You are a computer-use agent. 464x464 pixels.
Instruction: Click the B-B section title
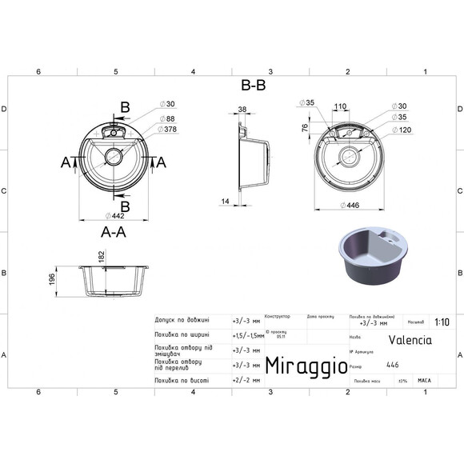[x=253, y=86]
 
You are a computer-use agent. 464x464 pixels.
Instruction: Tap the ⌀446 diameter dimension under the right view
[x=349, y=205]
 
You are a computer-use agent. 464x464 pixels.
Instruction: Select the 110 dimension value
[x=340, y=106]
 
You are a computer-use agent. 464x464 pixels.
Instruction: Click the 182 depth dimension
[x=101, y=255]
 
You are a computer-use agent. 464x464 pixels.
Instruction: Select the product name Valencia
[x=410, y=338]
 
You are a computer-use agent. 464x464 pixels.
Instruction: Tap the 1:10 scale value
[x=441, y=322]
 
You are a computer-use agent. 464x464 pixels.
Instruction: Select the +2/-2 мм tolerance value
[x=246, y=381]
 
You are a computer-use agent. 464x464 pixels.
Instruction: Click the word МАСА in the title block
[x=424, y=381]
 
